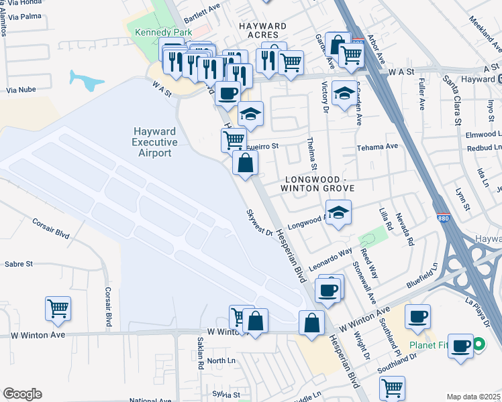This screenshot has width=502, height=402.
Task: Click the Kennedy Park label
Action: (164, 32)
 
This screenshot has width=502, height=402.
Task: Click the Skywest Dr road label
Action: (259, 223)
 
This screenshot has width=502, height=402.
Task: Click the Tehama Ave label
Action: (377, 146)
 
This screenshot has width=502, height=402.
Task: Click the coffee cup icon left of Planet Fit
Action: (417, 316)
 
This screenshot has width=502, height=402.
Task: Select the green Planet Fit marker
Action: (478, 345)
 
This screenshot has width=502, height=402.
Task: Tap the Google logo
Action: (22, 393)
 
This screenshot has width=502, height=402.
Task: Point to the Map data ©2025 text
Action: (473, 397)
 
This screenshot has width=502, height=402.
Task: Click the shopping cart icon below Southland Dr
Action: (391, 387)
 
